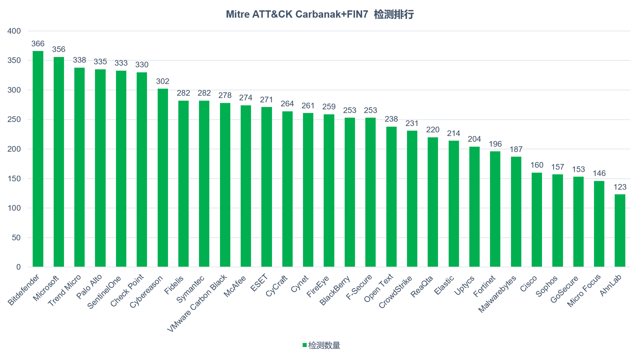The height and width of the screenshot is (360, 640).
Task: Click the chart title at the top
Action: click(320, 14)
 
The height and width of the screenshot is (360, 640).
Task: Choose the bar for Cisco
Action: click(537, 220)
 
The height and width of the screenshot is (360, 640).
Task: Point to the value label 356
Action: click(59, 49)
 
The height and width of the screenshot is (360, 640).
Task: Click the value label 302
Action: click(163, 81)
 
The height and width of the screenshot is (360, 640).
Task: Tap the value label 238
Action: click(391, 119)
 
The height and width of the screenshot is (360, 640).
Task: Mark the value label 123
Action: click(620, 187)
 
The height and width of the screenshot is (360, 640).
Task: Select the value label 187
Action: click(516, 149)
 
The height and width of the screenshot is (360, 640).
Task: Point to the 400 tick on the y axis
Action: click(14, 31)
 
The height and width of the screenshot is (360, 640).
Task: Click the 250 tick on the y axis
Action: click(14, 119)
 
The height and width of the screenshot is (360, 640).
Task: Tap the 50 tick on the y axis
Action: click(16, 238)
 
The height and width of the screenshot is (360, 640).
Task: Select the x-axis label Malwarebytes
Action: click(497, 294)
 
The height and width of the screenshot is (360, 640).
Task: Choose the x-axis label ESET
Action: click(259, 283)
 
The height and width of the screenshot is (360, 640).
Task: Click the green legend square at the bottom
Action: click(304, 345)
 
